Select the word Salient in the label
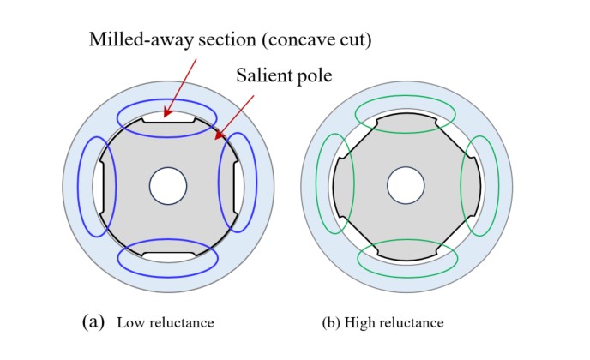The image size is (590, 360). click(x=262, y=75)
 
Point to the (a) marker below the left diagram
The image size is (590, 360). click(x=93, y=321)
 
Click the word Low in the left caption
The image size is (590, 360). click(x=129, y=322)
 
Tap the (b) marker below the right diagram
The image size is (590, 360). click(x=331, y=323)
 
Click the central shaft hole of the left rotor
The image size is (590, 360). click(x=168, y=186)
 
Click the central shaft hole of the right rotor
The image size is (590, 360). click(x=406, y=186)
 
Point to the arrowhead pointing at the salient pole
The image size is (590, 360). click(x=219, y=135)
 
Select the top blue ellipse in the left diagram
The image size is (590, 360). click(x=167, y=99)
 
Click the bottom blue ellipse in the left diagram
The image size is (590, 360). click(x=168, y=277)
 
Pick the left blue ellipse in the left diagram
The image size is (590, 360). click(x=78, y=187)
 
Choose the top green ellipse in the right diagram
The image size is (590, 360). click(x=406, y=95)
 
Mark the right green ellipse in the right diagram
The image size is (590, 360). click(x=498, y=186)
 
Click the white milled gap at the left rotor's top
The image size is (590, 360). click(x=168, y=117)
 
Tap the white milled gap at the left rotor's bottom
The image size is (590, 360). click(x=169, y=257)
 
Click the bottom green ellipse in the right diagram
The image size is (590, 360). click(x=407, y=277)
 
